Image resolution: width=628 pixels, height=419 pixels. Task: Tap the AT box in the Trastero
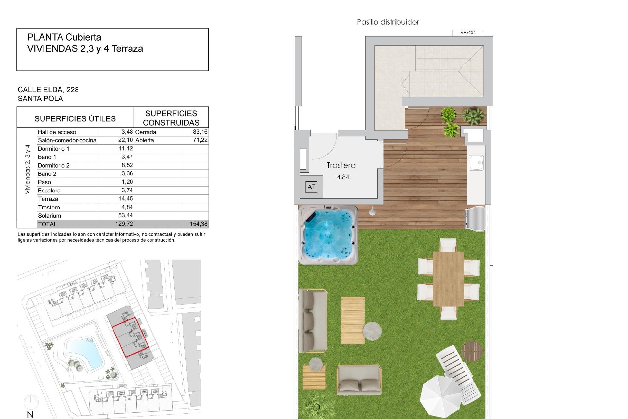311,187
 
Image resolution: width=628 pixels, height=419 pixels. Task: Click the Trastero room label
341,165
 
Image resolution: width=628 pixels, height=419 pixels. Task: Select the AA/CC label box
467,33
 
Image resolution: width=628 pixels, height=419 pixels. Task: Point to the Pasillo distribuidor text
388,22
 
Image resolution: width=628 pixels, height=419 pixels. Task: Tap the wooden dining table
448,279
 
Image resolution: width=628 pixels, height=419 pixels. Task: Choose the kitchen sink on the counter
476,163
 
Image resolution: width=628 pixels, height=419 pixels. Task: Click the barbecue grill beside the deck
475,217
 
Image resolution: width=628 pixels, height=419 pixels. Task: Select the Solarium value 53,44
126,215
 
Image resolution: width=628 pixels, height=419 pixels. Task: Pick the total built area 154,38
199,224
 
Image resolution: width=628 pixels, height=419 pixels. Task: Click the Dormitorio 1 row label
54,149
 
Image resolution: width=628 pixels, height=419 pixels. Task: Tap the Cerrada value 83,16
200,132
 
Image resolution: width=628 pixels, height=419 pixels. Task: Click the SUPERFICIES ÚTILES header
75,118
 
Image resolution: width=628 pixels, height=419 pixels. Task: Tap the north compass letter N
30,415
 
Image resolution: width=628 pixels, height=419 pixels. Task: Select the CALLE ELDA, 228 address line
48,90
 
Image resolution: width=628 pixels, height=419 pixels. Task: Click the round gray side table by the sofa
372,331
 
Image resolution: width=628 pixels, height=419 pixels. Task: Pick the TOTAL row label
47,224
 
